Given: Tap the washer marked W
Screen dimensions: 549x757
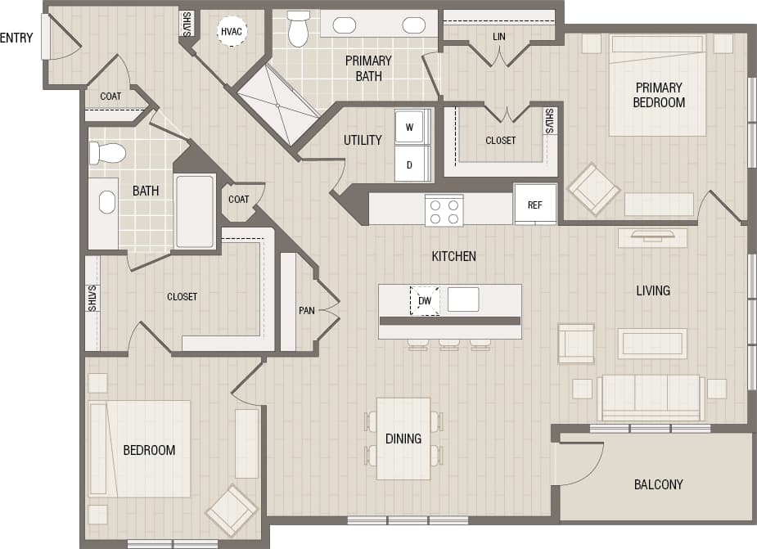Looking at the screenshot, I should [409, 127].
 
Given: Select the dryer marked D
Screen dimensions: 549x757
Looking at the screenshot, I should [409, 164].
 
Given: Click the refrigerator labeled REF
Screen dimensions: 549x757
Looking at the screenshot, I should [534, 204].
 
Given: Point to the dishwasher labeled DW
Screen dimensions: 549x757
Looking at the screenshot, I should [424, 300].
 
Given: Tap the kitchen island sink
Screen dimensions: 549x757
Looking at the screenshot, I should [463, 299].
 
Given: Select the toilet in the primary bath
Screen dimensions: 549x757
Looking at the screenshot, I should [298, 29].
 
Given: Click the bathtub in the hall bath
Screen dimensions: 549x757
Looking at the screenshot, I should [195, 211].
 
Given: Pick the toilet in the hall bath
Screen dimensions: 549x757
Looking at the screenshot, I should [108, 153].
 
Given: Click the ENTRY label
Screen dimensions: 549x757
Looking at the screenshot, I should [16, 38].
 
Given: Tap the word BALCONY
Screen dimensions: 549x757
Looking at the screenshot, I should [658, 484].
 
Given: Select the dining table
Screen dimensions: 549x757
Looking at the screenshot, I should [403, 439].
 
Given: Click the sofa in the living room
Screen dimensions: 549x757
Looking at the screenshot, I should [651, 397].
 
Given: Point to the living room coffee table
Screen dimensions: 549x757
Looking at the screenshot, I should [651, 343].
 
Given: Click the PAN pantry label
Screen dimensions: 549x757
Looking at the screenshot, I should [307, 310].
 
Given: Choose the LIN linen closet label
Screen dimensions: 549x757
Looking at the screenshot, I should [499, 37].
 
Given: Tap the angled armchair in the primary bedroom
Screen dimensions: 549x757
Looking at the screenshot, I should [594, 189].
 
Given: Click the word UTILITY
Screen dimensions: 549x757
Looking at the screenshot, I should [363, 140].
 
